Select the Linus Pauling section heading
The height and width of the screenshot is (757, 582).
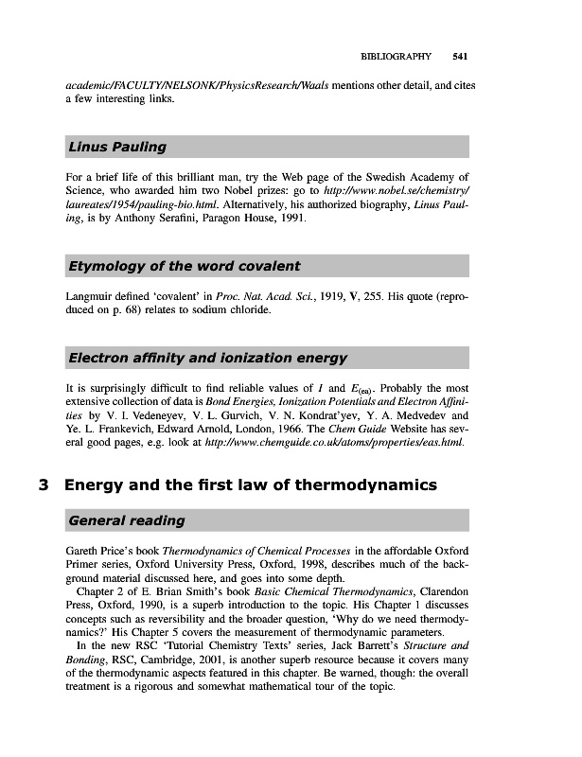tap(117, 148)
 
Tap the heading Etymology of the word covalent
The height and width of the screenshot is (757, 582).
tap(185, 266)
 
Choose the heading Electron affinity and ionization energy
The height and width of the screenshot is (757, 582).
tap(208, 359)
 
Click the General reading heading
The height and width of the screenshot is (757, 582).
tap(127, 521)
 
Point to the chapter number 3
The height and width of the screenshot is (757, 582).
tap(43, 486)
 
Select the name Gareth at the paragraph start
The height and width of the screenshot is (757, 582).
tap(82, 551)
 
